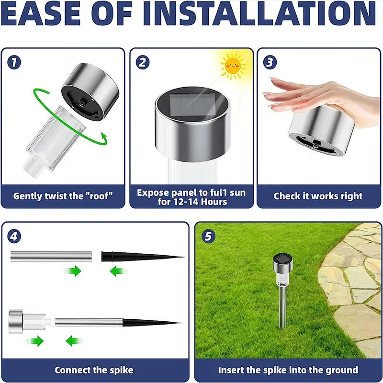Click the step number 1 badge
pyautogui.click(x=14, y=62)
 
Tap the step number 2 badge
pyautogui.click(x=143, y=62)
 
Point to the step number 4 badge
pyautogui.click(x=14, y=236)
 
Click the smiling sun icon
pyautogui.click(x=234, y=66)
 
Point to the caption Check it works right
pyautogui.click(x=318, y=196)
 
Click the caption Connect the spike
pyautogui.click(x=94, y=370)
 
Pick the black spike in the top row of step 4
pyautogui.click(x=141, y=257)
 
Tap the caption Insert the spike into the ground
pyautogui.click(x=288, y=370)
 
